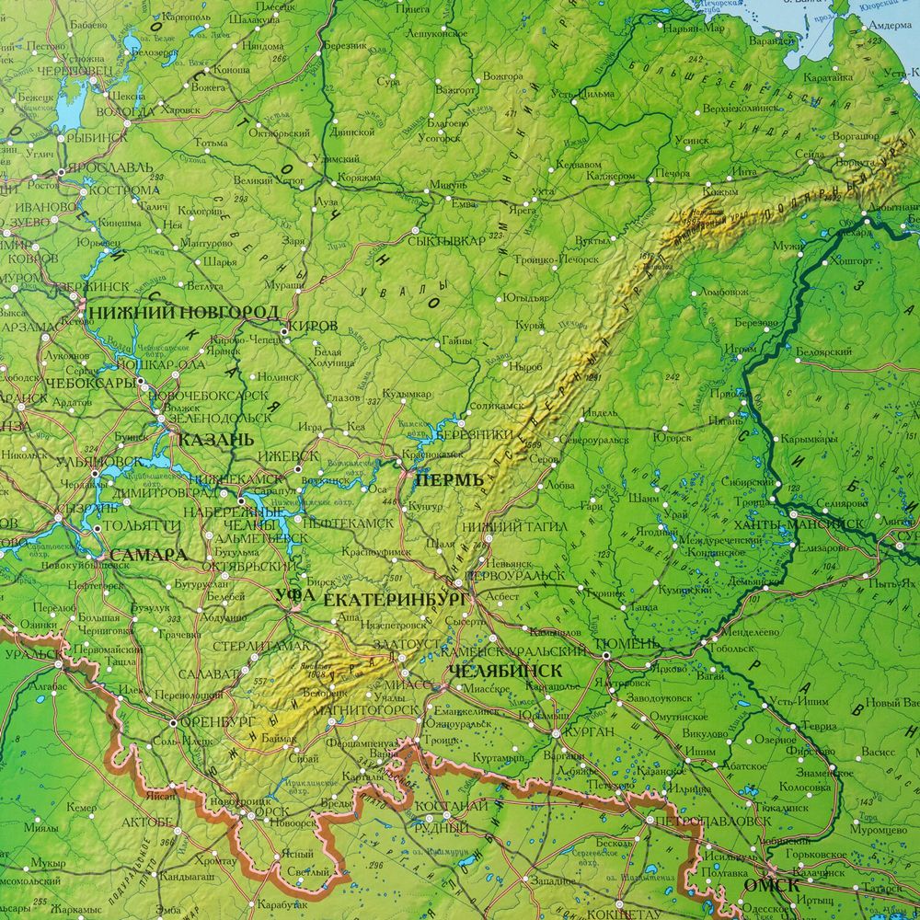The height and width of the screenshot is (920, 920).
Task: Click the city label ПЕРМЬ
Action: pos(449,480)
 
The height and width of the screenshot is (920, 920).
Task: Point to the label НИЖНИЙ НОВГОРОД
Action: pos(184,313)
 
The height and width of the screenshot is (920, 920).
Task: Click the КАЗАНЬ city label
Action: pos(215,440)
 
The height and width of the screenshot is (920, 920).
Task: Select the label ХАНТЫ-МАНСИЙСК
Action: pos(799,523)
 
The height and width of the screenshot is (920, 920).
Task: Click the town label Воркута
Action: pos(856,163)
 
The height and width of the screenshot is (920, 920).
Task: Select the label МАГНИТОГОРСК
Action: pos(364,709)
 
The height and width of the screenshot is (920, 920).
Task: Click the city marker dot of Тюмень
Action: pos(606,655)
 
